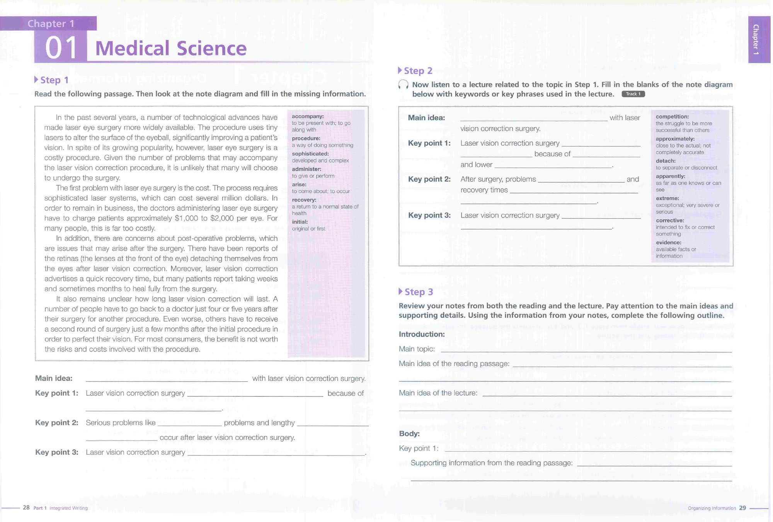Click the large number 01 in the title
click(61, 48)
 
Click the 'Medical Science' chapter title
click(171, 48)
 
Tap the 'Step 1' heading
click(54, 80)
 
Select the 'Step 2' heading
click(417, 71)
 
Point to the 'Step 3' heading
click(418, 292)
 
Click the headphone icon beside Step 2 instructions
click(403, 85)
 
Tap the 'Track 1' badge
click(633, 94)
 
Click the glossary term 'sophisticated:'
click(310, 154)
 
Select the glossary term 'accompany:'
click(308, 116)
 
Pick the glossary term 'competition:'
click(672, 117)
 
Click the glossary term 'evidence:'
click(668, 243)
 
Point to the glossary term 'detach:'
click(666, 161)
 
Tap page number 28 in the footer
click(26, 507)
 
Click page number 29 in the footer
click(742, 508)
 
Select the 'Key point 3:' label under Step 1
click(57, 452)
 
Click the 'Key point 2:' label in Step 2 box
click(429, 179)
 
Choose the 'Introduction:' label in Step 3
click(422, 334)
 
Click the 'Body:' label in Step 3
click(409, 434)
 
